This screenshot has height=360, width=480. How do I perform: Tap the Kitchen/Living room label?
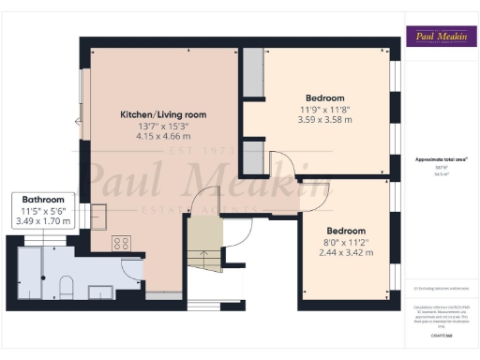[163, 115]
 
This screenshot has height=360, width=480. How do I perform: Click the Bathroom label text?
[44, 200]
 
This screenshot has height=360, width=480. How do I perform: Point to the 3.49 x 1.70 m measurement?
[44, 221]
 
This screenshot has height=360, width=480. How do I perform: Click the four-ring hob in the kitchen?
[121, 243]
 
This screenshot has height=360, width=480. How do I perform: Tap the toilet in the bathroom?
[65, 284]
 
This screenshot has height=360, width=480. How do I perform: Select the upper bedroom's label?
[325, 98]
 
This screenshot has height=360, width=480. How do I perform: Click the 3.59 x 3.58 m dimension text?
[325, 119]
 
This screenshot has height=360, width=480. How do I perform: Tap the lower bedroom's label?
[346, 231]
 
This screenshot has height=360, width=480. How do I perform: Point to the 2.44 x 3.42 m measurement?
[346, 252]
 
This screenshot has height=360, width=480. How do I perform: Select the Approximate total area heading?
[436, 160]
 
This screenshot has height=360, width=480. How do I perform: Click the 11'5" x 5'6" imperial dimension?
[44, 211]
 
